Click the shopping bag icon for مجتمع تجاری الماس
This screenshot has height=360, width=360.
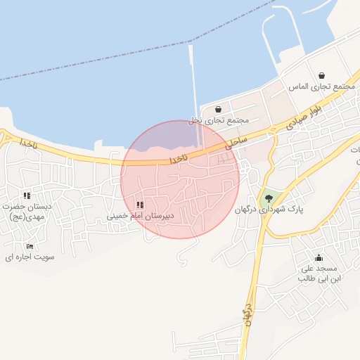point(321,75)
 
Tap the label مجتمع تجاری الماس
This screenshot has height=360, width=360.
point(321,86)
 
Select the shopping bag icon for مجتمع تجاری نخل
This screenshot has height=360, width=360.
point(219,109)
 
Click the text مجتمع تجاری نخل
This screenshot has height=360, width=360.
point(219,120)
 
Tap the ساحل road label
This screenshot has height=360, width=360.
point(236,143)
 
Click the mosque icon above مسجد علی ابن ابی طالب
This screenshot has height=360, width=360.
point(319,257)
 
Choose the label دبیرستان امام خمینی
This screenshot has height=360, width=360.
point(140,215)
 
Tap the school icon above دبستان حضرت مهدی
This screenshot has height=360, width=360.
point(27,195)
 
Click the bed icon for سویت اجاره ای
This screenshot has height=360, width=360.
point(29,246)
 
